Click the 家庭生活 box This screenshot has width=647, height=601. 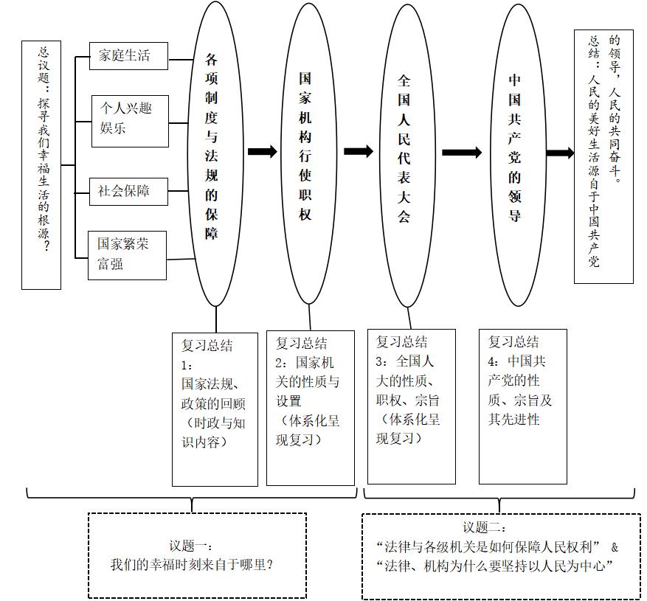128,55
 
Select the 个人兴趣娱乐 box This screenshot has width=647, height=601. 130,120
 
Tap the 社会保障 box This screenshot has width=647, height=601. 128,191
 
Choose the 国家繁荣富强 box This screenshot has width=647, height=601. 127,255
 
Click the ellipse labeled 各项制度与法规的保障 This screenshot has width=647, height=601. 215,153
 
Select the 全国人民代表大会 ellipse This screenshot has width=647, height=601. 405,153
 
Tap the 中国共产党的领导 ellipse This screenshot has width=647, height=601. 514,153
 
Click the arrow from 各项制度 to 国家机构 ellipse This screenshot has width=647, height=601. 263,152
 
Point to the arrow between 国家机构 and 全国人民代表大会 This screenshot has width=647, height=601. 359,151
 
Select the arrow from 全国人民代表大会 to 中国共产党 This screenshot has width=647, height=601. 462,153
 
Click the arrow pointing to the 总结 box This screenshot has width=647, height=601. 560,153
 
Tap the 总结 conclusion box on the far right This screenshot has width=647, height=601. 603,156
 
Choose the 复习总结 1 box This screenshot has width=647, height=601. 215,409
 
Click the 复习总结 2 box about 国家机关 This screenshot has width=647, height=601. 309,408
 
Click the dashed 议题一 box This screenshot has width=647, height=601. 197,555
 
